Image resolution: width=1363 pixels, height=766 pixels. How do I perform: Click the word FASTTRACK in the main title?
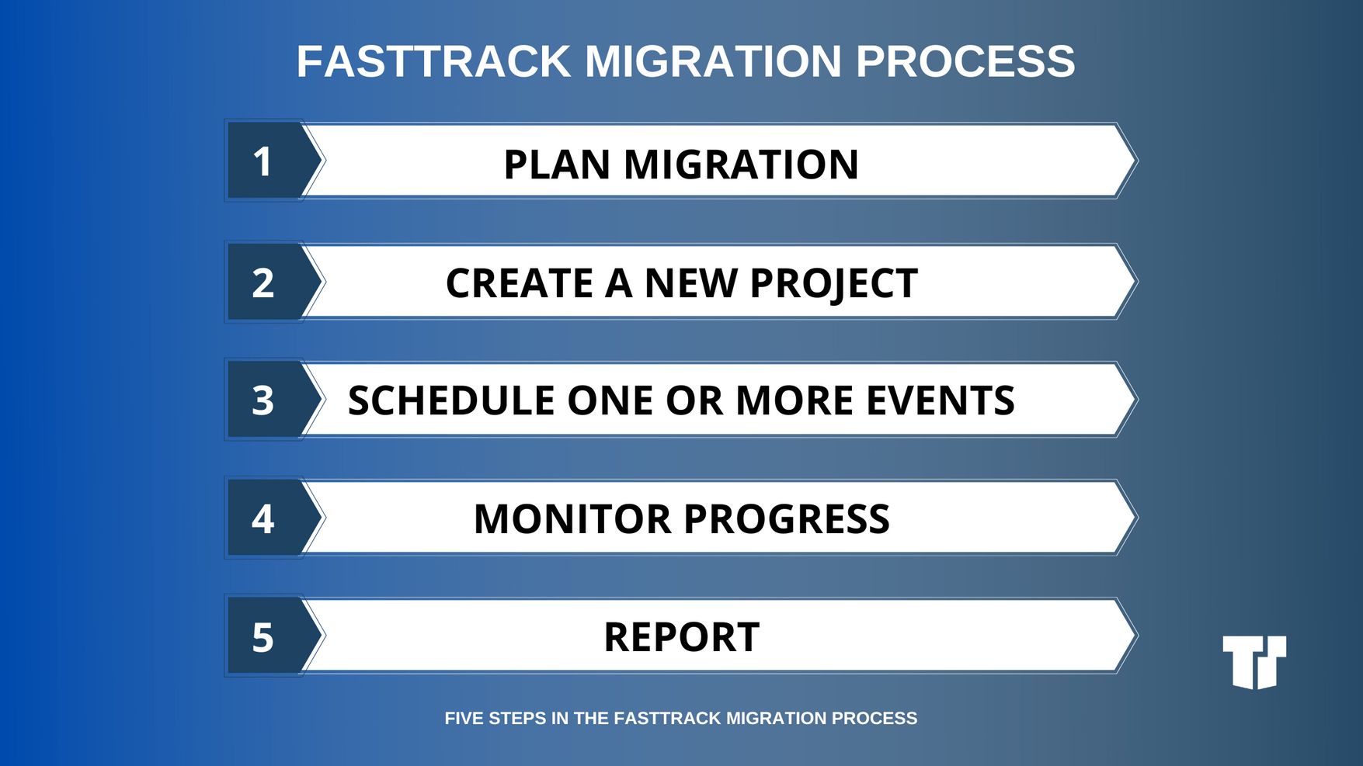[x=433, y=61]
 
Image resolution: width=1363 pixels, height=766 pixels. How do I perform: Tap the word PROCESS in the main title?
[x=965, y=61]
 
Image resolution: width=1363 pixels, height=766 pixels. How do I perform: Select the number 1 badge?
[x=264, y=161]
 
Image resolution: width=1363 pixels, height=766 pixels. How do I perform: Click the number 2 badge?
[x=264, y=282]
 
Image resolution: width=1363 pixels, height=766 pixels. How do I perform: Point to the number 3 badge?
[x=264, y=400]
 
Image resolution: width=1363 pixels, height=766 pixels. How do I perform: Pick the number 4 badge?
[x=264, y=518]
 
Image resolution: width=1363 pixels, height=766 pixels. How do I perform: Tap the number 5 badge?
[x=264, y=636]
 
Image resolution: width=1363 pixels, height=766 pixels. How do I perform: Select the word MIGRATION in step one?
[x=741, y=165]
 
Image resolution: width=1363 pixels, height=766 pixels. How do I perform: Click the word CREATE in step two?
[x=519, y=283]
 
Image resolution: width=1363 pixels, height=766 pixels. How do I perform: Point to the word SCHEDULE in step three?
[x=450, y=401]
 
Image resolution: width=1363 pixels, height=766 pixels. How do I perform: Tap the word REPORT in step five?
[x=681, y=637]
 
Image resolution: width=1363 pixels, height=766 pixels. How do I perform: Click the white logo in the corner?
[x=1254, y=661]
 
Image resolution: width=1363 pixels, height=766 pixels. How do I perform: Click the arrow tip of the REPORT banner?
[x=1131, y=636]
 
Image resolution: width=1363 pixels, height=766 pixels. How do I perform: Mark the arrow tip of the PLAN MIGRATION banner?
[x=1131, y=161]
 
